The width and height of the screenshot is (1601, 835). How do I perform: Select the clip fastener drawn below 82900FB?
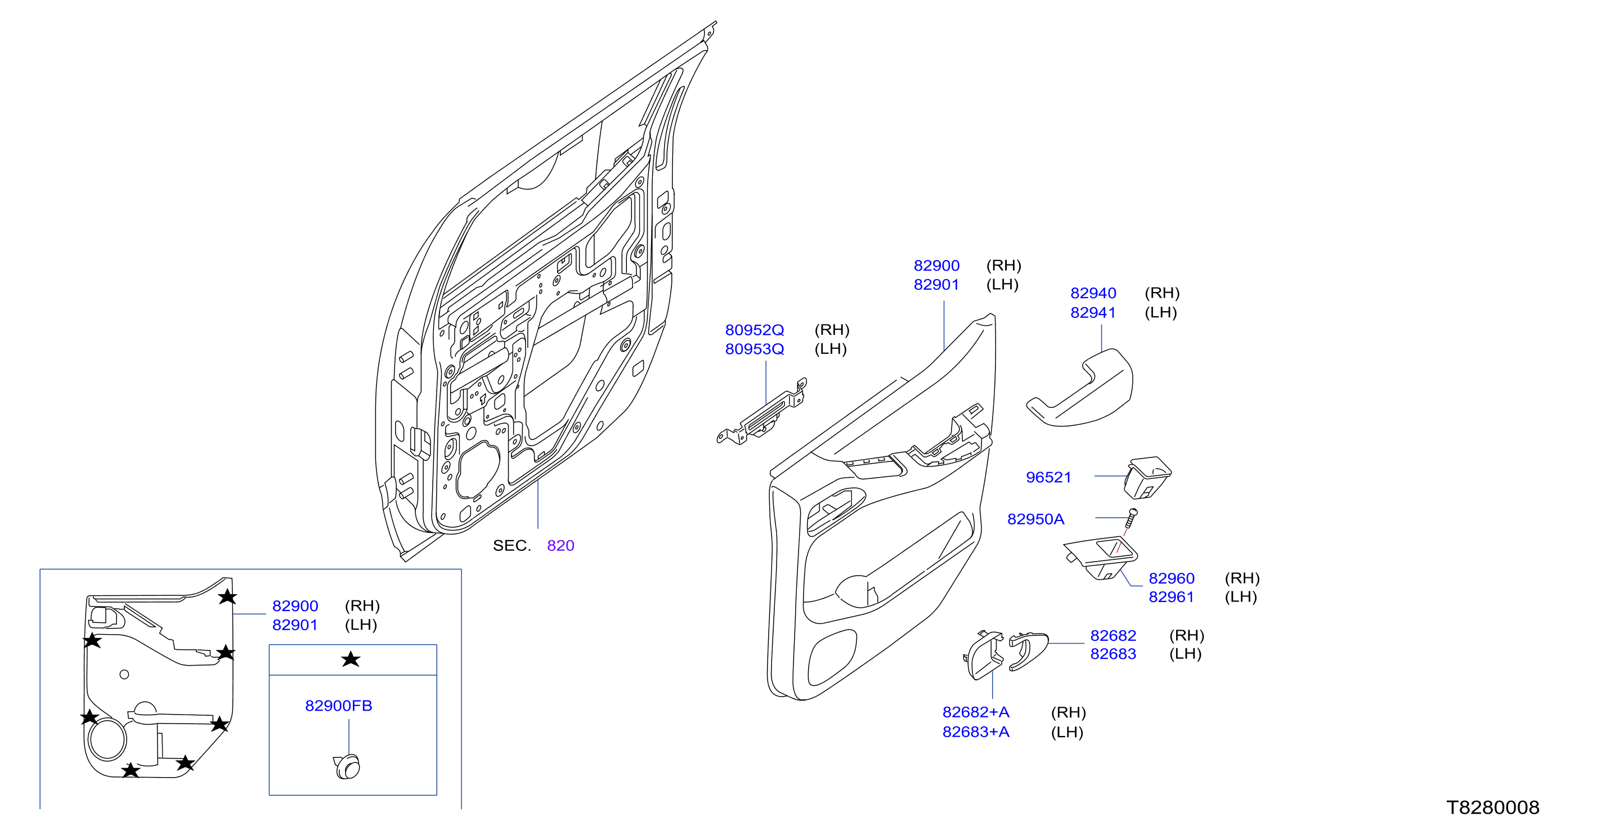click(x=347, y=767)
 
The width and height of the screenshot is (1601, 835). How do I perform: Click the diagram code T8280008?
click(x=1493, y=807)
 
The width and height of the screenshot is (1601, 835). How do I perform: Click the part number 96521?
click(x=1048, y=477)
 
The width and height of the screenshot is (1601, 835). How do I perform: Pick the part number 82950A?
click(x=1035, y=519)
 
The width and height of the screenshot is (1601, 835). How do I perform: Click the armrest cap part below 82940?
click(x=1079, y=388)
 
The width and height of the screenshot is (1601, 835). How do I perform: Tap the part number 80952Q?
click(x=755, y=330)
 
